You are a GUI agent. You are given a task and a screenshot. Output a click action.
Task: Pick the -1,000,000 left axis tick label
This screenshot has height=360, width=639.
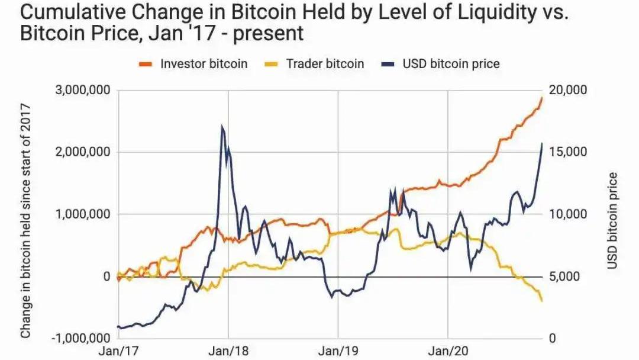[80, 339]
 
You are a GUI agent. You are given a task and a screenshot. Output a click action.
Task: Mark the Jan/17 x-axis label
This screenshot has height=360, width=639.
[119, 351]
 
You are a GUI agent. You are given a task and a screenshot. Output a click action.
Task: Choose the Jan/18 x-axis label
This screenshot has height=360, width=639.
[228, 351]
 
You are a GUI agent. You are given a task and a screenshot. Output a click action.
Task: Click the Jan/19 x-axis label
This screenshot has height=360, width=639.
[338, 351]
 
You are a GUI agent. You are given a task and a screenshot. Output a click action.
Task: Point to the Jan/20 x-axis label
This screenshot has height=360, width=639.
[448, 351]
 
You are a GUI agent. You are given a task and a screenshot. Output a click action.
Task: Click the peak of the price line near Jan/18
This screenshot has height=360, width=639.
[222, 126]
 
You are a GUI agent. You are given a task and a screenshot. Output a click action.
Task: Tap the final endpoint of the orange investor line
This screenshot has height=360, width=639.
[542, 97]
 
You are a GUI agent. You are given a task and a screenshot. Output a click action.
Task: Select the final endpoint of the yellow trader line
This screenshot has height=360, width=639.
[542, 301]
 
